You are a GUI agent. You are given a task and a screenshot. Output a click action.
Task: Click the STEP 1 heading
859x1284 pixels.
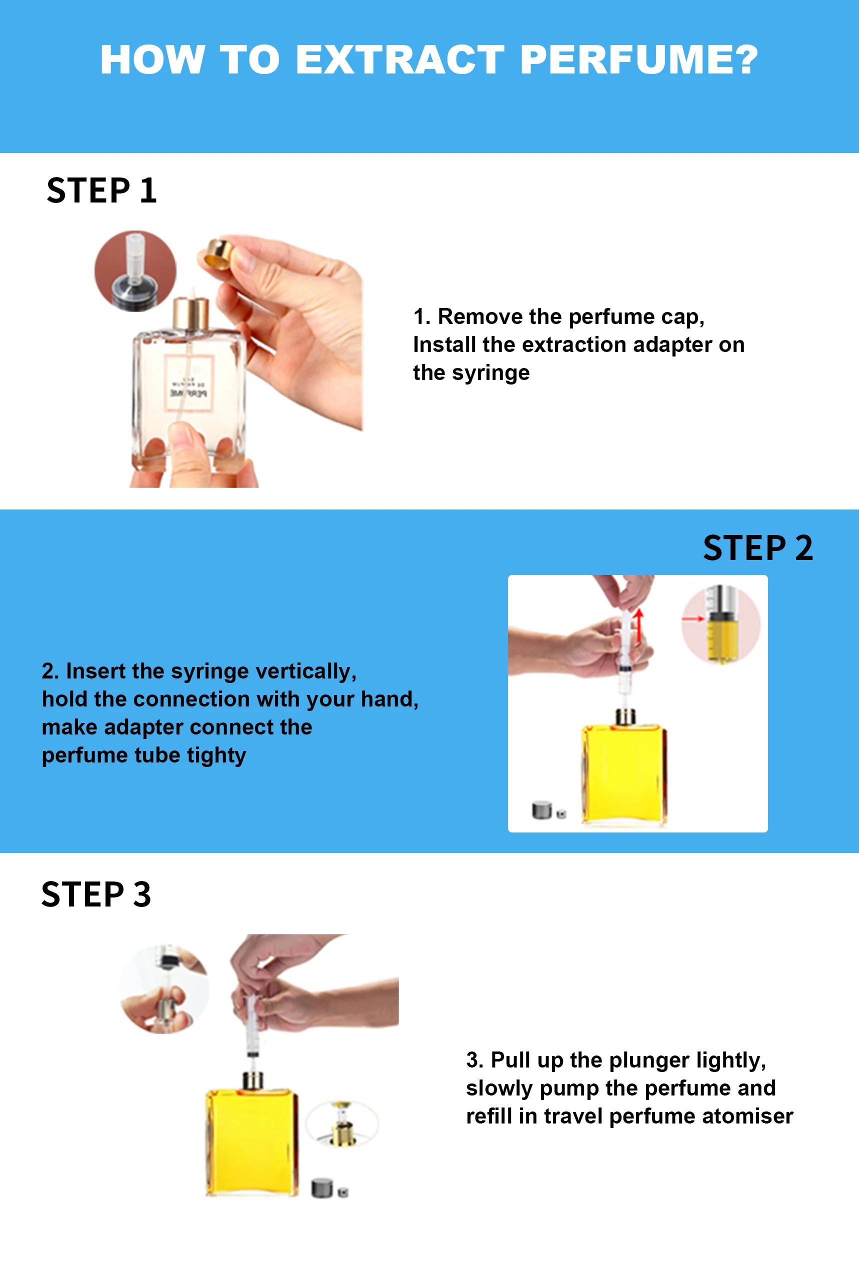click(x=102, y=190)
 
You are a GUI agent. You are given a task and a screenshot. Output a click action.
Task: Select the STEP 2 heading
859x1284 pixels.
click(x=757, y=548)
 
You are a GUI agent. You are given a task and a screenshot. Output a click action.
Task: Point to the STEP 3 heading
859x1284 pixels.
click(x=96, y=894)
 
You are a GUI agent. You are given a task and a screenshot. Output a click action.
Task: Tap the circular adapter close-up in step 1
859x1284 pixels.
click(x=135, y=271)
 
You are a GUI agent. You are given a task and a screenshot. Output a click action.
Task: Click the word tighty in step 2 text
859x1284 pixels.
click(x=216, y=755)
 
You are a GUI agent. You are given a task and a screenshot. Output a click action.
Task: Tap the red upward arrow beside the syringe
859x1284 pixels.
click(x=638, y=624)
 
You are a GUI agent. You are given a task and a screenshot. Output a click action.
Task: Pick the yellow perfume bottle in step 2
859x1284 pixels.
click(x=623, y=772)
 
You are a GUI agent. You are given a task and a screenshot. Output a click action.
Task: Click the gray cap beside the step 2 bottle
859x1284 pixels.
click(x=542, y=809)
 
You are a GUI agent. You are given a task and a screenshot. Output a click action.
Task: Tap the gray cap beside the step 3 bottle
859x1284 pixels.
click(x=322, y=1187)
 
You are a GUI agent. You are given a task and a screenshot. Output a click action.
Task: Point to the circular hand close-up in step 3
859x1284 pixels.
click(x=164, y=988)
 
